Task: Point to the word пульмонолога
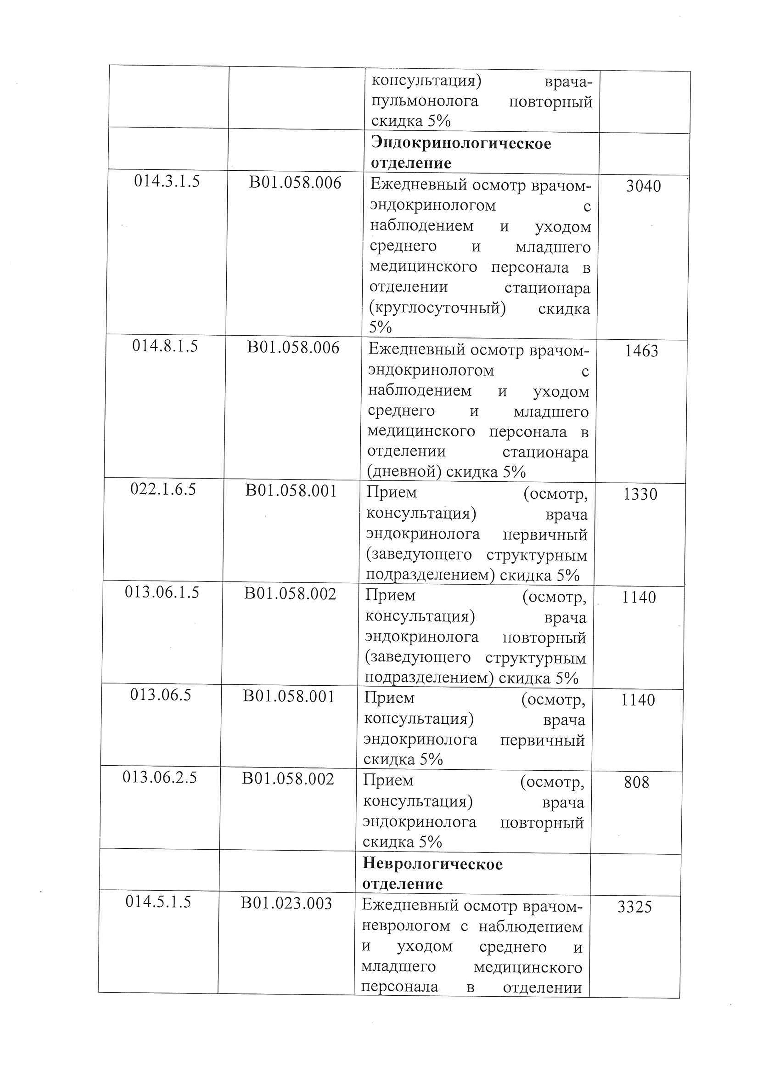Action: pos(425,102)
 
